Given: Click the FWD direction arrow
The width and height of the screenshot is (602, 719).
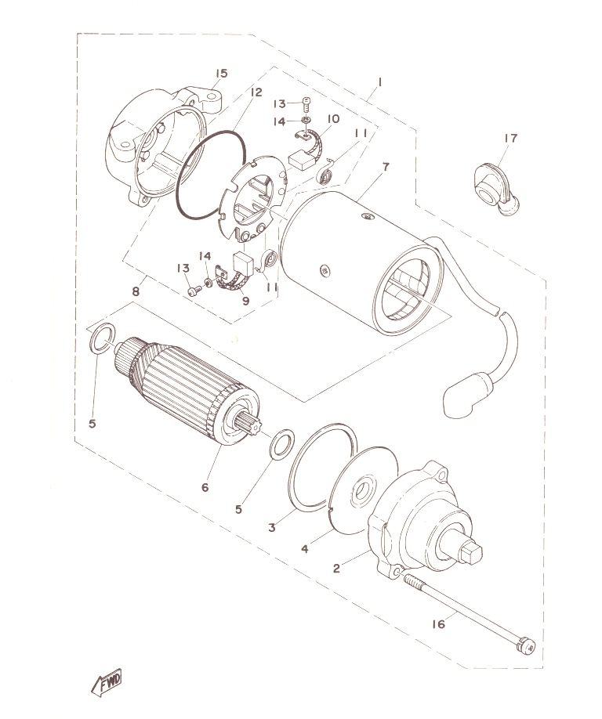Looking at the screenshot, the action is (107, 682).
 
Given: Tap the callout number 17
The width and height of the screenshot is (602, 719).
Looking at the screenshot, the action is (510, 138).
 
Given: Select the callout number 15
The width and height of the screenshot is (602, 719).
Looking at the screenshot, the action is (222, 74).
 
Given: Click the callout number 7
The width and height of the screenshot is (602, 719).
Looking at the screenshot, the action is (386, 167).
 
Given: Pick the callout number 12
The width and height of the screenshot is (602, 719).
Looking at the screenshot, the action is (256, 92).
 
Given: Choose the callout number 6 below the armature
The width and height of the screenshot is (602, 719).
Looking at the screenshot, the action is (205, 487).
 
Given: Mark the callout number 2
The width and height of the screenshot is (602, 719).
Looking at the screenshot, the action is (337, 569).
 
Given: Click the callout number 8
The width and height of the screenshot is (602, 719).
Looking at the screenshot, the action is (136, 291).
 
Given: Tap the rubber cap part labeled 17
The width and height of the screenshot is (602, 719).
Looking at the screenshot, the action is (496, 189).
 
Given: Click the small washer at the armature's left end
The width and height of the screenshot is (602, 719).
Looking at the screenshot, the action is (103, 338).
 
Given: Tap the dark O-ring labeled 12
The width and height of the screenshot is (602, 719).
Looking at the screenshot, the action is (211, 175).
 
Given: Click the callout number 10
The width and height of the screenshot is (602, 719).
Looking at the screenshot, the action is (333, 119).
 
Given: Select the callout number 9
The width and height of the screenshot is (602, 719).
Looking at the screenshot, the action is (246, 301).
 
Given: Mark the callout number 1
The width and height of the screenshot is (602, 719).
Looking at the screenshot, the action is (380, 82).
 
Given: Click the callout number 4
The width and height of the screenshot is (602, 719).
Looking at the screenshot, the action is (305, 548).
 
